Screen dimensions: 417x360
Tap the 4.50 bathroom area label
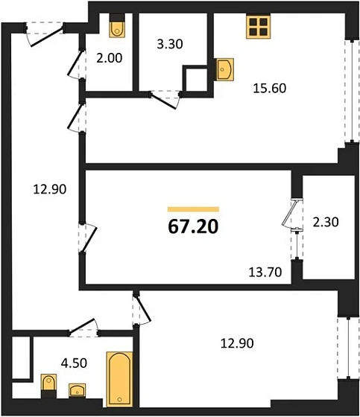pyautogui.click(x=53, y=364)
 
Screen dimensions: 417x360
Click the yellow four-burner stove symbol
pyautogui.click(x=257, y=28)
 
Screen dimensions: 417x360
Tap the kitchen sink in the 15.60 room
pyautogui.click(x=224, y=70)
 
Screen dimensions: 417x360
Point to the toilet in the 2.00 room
pyautogui.click(x=117, y=27)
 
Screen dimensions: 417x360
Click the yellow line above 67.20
pyautogui.click(x=193, y=209)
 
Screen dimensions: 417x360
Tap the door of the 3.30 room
pyautogui.click(x=165, y=98)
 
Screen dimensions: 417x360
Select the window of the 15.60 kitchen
pyautogui.click(x=349, y=89)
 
